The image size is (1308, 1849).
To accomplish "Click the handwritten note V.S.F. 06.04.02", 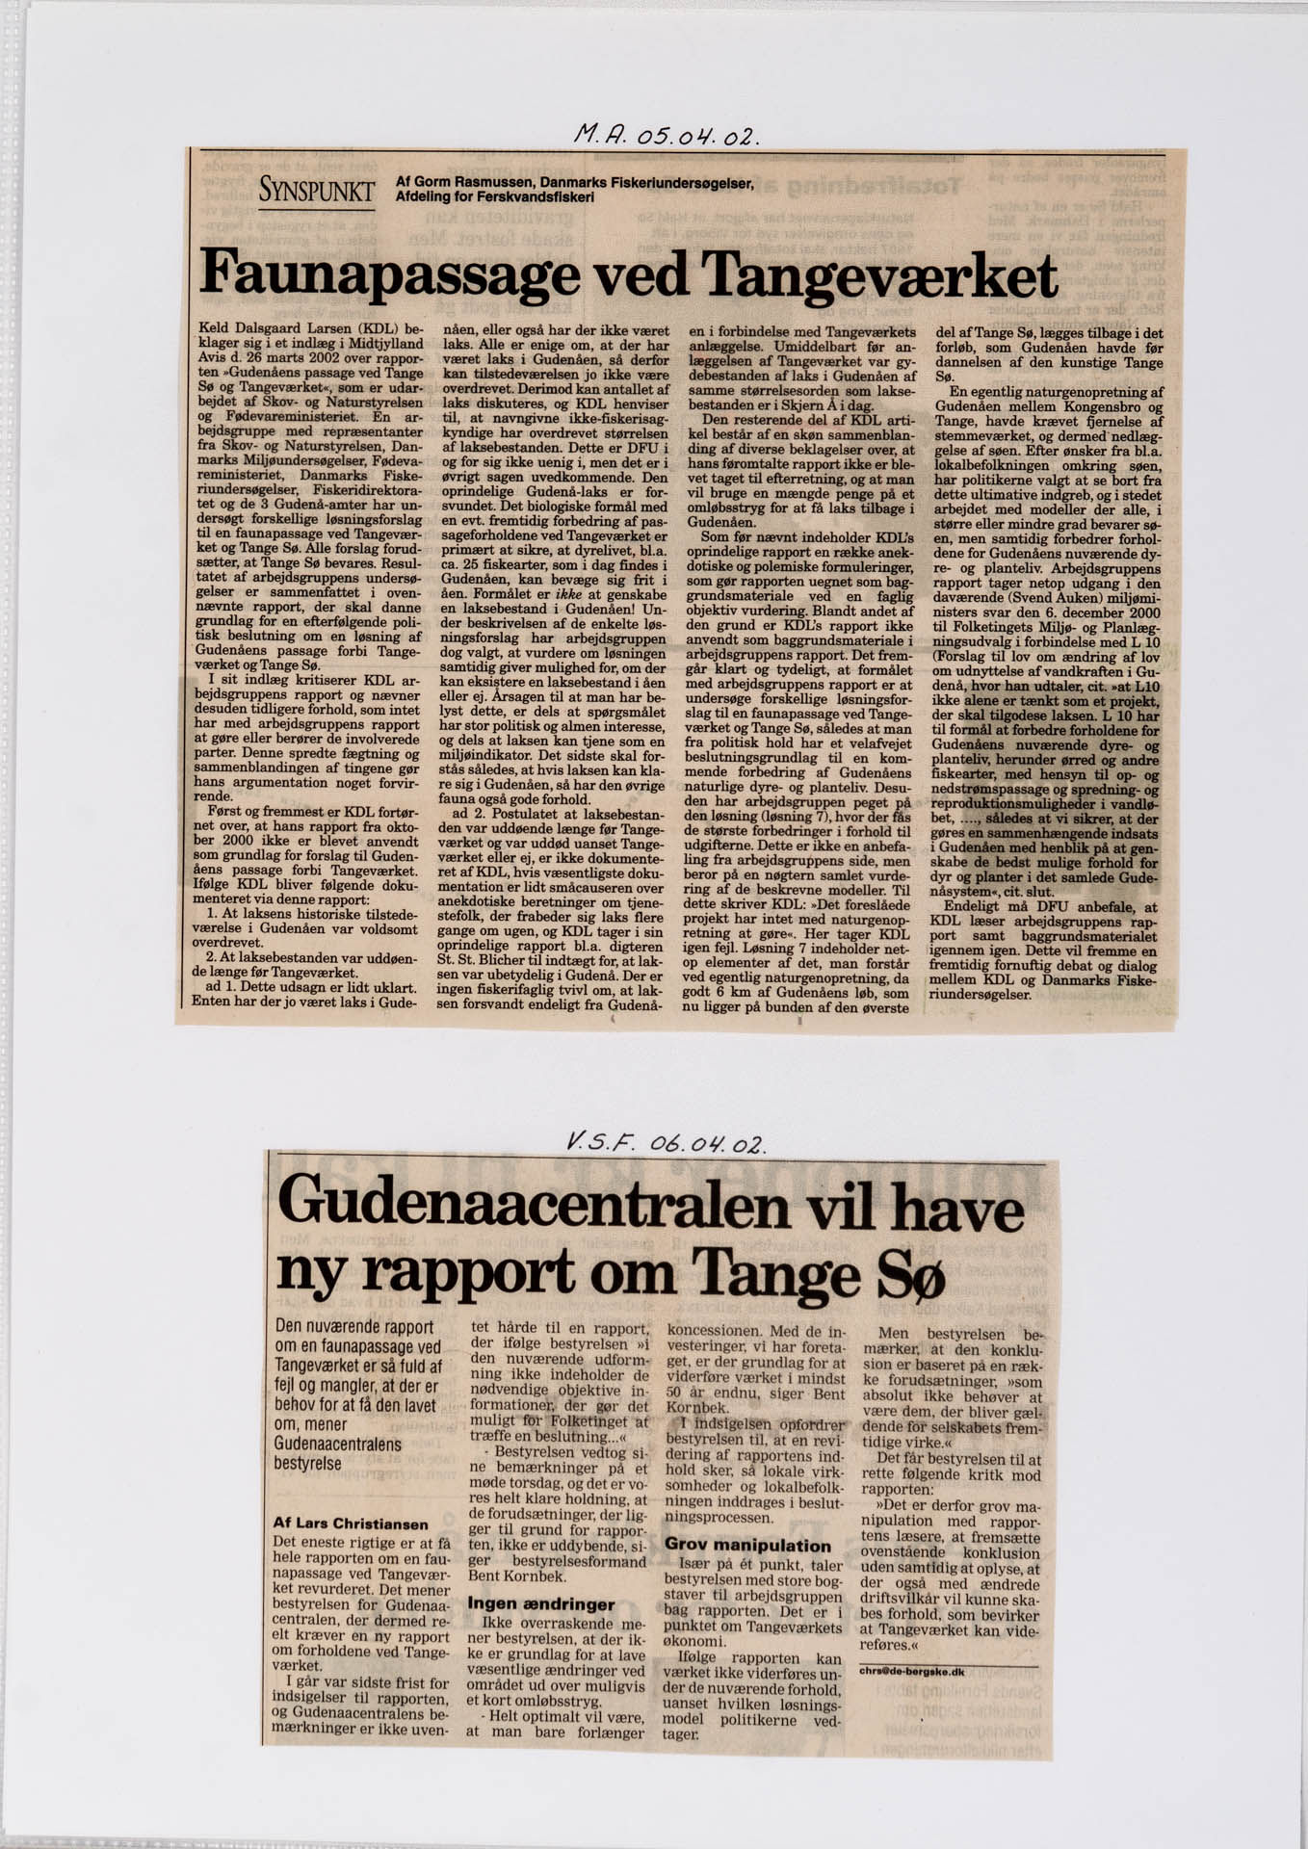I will (x=666, y=1144).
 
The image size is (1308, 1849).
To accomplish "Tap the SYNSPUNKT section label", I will (x=316, y=191).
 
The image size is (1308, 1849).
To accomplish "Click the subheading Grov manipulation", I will (x=747, y=1545).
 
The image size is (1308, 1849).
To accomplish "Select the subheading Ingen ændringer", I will (x=540, y=1603).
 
